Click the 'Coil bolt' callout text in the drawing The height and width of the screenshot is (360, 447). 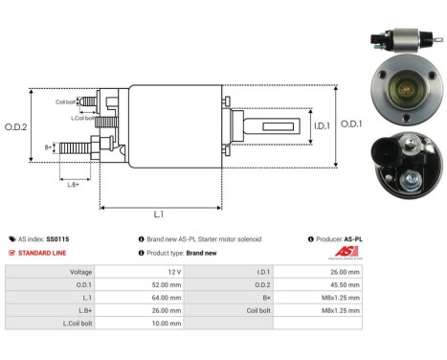(x=66, y=101)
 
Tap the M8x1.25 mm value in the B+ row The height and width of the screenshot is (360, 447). (x=344, y=298)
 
